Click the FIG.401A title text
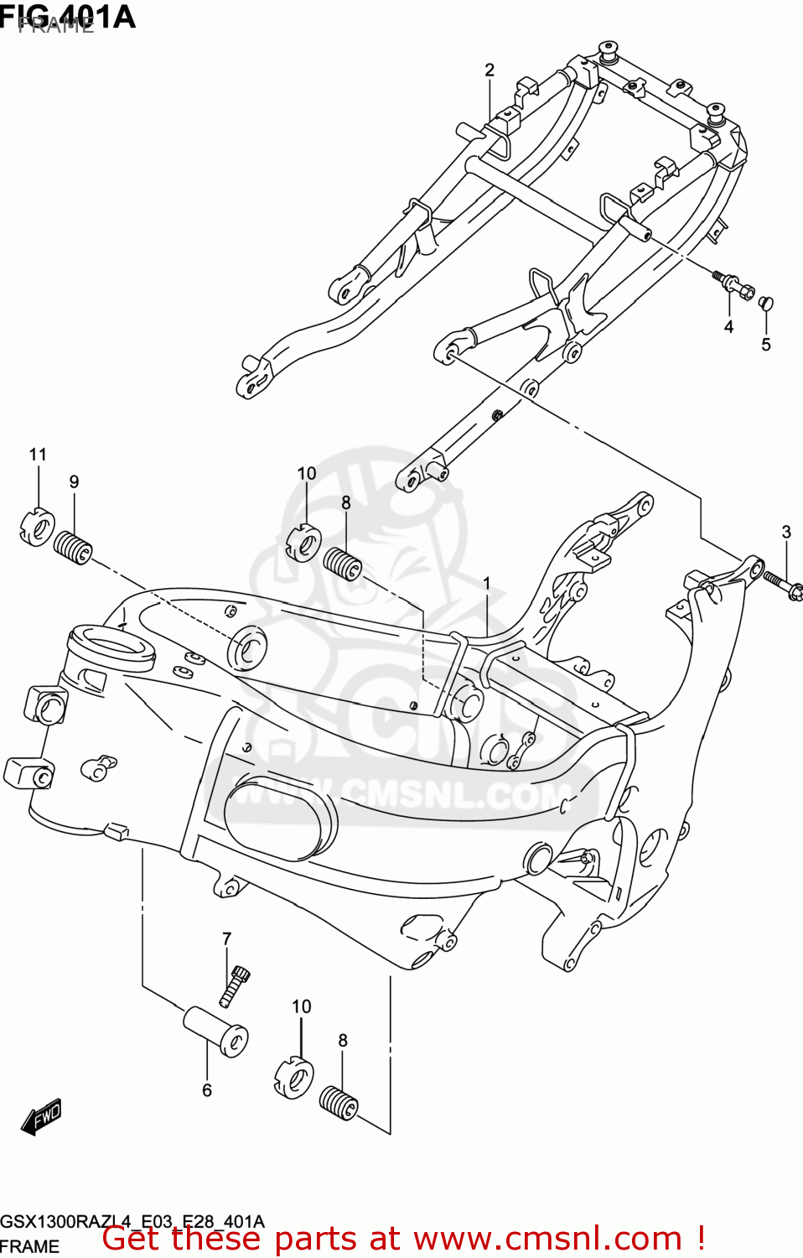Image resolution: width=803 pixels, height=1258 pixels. [x=67, y=17]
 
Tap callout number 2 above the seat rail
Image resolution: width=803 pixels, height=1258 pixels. [x=490, y=70]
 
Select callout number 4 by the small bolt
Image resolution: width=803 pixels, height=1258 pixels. [x=728, y=327]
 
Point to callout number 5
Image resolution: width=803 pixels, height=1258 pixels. [x=765, y=345]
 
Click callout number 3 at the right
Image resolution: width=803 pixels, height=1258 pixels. [x=785, y=532]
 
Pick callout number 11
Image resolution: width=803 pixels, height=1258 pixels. [x=38, y=455]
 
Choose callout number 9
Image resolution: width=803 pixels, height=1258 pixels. [x=74, y=482]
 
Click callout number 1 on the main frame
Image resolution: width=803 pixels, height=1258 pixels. [x=486, y=583]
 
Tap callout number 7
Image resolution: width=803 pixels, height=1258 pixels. [x=226, y=938]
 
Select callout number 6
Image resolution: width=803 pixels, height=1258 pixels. [x=207, y=1090]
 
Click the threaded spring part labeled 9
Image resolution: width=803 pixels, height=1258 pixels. [x=74, y=548]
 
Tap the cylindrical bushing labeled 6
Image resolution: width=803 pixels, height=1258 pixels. [x=215, y=1031]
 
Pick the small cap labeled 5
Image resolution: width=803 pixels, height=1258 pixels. [x=765, y=303]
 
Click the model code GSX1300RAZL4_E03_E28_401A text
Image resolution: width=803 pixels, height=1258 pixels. [x=132, y=1221]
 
